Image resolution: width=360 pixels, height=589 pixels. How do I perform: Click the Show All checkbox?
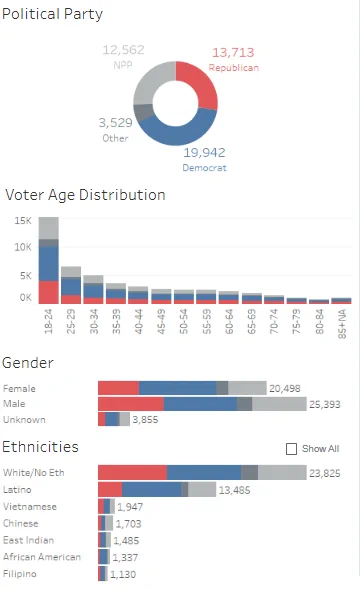[x=291, y=449]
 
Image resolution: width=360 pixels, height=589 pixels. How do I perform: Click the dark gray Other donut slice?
[x=143, y=112]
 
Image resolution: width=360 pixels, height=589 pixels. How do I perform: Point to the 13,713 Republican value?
[x=233, y=52]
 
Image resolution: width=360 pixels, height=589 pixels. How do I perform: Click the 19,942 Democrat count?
[x=204, y=153]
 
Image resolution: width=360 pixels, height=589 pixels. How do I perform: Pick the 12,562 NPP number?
[x=123, y=50]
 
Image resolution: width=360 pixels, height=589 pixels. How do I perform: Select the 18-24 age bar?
[x=48, y=260]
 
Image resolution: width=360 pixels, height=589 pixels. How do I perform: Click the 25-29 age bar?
[x=71, y=285]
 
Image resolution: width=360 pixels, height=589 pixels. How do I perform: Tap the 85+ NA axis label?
[x=342, y=324]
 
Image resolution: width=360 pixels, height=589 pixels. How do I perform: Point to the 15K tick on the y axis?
[x=23, y=220]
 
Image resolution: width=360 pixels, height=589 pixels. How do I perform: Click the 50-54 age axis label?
[x=184, y=322]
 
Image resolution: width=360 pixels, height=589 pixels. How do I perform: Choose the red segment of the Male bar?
[x=131, y=404]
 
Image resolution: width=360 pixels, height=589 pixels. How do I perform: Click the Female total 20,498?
[x=285, y=388]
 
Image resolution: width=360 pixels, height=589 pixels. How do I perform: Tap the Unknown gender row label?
[x=24, y=420]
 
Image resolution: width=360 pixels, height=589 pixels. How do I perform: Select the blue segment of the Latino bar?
[x=152, y=489]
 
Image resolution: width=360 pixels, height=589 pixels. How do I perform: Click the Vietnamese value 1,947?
[x=130, y=507]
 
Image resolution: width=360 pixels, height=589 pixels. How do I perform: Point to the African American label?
[x=42, y=557]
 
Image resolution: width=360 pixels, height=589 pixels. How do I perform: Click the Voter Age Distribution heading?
[x=85, y=195]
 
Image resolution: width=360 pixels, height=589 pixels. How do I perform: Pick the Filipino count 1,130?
[x=123, y=574]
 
